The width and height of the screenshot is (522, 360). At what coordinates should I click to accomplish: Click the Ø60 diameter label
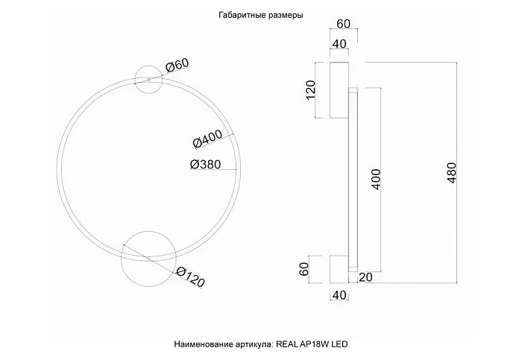coord(177,67)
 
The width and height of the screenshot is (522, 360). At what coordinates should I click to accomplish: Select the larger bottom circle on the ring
coord(146,257)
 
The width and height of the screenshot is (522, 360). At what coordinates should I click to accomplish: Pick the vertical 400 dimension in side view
coord(376,181)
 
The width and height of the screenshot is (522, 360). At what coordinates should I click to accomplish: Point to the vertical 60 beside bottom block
coord(304,269)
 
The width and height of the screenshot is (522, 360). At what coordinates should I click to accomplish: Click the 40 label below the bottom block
coord(339,296)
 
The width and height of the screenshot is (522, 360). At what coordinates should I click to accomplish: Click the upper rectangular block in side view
coord(339,90)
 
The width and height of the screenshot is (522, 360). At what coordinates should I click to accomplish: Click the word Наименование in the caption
coord(201,344)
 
